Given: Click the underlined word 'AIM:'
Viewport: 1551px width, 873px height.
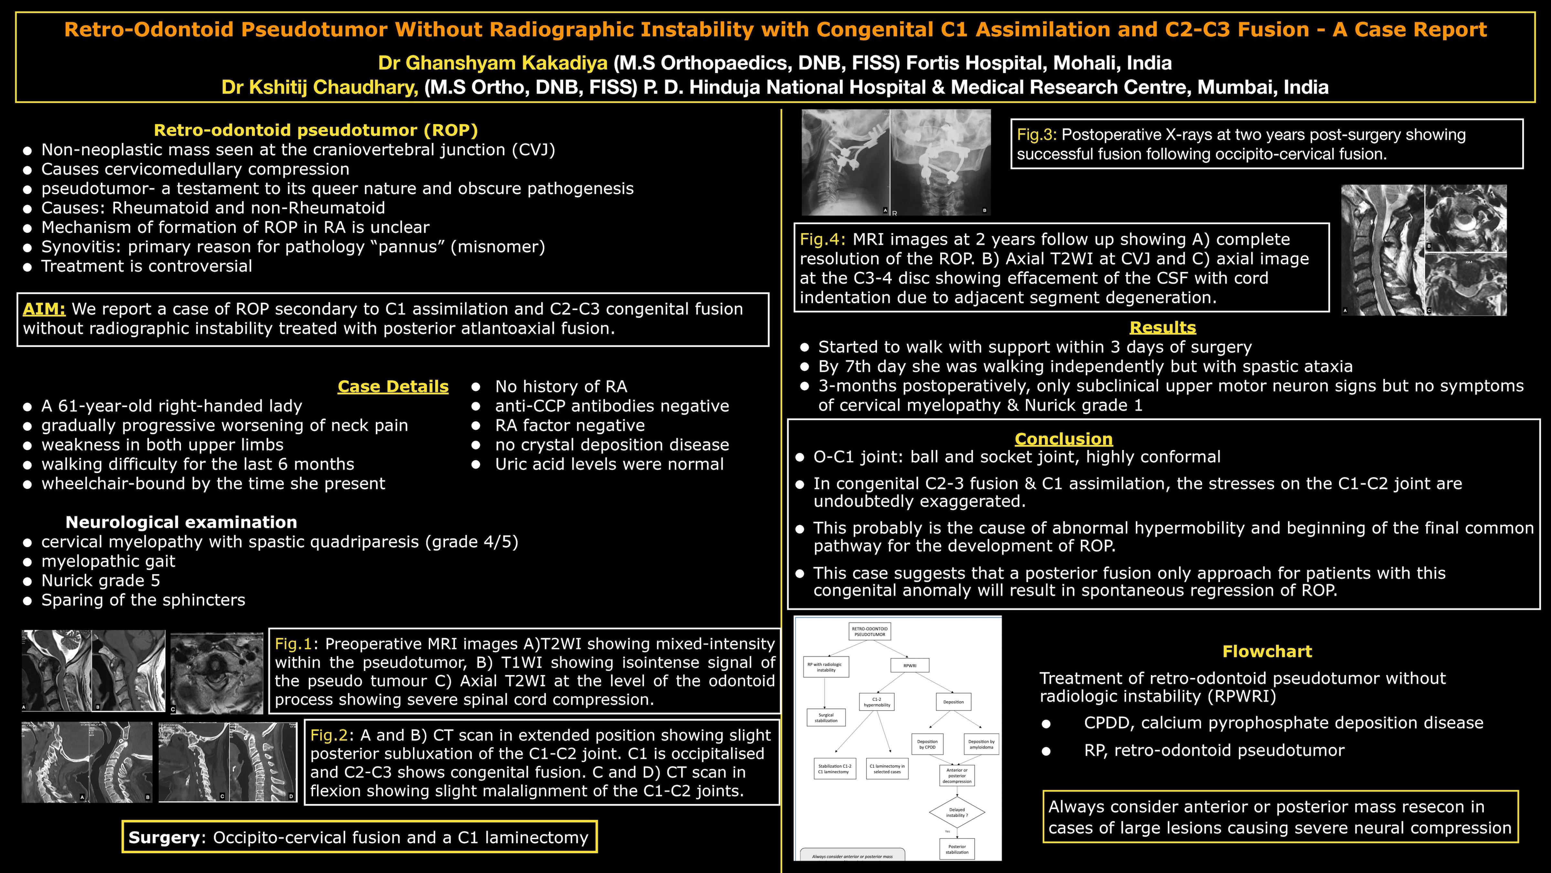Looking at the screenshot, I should pyautogui.click(x=44, y=309).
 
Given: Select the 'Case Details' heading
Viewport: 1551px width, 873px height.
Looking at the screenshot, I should pyautogui.click(x=393, y=387).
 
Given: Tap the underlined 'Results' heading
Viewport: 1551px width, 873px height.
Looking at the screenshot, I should pyautogui.click(x=1162, y=328).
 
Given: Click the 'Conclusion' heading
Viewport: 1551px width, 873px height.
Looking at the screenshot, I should pyautogui.click(x=1063, y=439).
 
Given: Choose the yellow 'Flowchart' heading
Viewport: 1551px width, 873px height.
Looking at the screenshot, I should pyautogui.click(x=1267, y=651).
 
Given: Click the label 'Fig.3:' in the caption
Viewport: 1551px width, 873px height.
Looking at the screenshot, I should pyautogui.click(x=1037, y=135).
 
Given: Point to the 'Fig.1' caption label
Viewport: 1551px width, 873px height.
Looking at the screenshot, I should pyautogui.click(x=293, y=644).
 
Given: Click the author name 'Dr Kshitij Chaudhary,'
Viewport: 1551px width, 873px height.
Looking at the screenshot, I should pyautogui.click(x=320, y=87).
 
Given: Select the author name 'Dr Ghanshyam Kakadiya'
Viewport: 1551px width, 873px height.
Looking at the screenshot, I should pyautogui.click(x=492, y=63).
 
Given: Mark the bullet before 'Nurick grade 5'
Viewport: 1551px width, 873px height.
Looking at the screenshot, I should pyautogui.click(x=27, y=581).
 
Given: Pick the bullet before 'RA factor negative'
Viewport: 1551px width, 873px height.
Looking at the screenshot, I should pyautogui.click(x=476, y=426).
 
